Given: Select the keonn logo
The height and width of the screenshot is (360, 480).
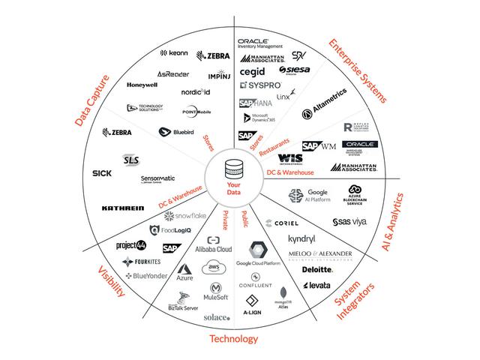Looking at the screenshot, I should click(174, 53).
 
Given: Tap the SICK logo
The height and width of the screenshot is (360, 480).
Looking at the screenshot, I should click(101, 174).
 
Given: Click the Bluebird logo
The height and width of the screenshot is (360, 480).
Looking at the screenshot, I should click(172, 132).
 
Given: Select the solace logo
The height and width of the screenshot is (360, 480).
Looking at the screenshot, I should click(217, 317).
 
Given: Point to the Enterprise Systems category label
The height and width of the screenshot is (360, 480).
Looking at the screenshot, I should click(357, 70).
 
